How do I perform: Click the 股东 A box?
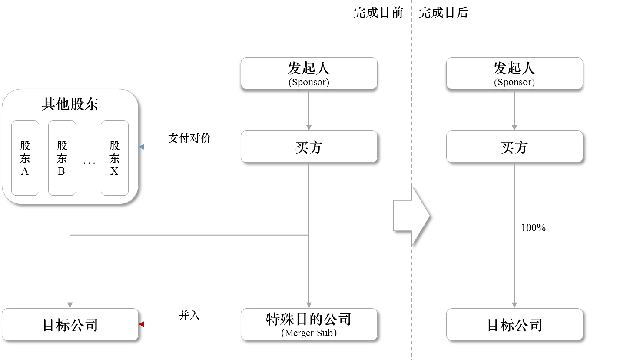point(25,158)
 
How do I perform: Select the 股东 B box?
point(62,158)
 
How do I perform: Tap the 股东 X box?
point(114,158)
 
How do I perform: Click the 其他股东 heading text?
point(70,104)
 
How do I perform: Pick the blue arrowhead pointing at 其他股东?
point(141,147)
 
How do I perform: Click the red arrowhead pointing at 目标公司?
point(141,324)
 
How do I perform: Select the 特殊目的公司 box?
point(309,324)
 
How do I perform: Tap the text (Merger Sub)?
point(309,333)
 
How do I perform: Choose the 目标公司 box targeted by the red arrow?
point(70,324)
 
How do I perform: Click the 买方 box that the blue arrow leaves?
point(309,147)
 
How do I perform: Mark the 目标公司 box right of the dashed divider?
point(514,324)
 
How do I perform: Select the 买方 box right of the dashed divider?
point(514,147)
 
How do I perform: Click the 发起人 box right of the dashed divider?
point(514,73)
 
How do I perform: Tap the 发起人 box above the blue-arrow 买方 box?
point(309,73)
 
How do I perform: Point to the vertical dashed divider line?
point(411,109)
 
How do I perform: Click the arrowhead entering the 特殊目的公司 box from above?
point(309,305)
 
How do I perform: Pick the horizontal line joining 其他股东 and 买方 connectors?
point(189,235)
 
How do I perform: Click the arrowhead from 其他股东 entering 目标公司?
point(70,305)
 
